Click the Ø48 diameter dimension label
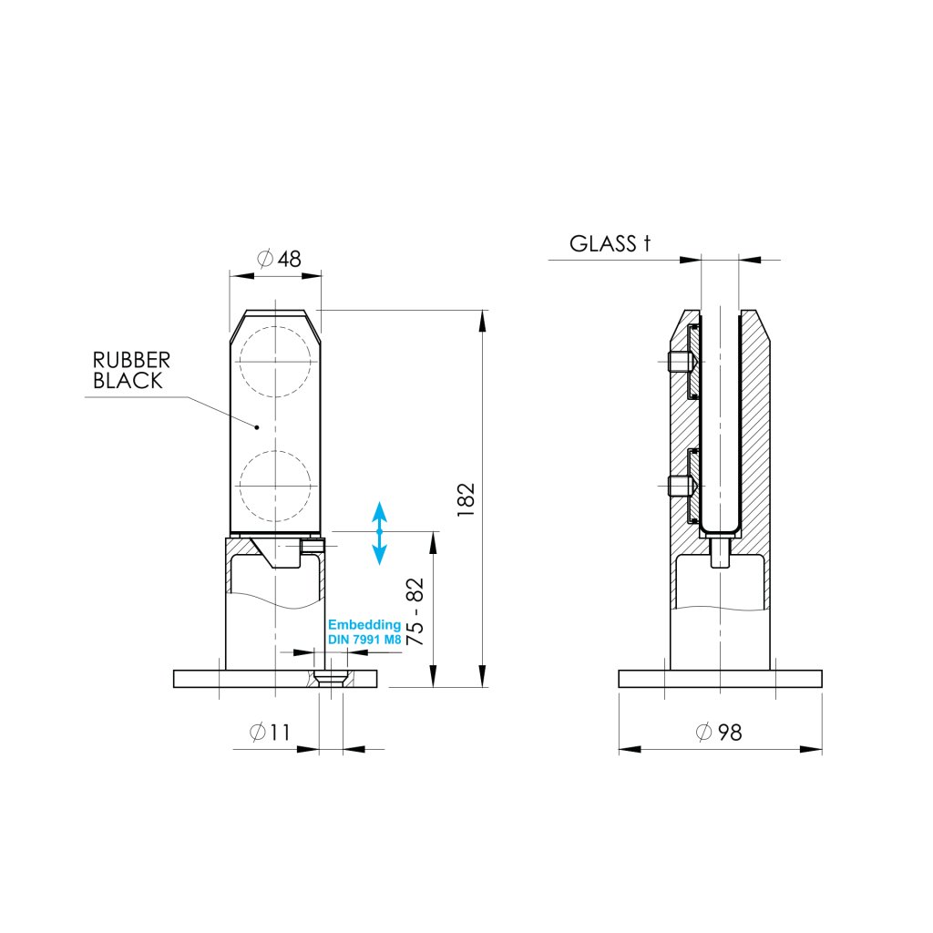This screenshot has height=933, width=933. (x=279, y=259)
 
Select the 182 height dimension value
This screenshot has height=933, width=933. (x=466, y=500)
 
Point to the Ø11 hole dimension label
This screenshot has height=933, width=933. (x=269, y=732)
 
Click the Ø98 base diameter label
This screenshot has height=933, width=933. (x=718, y=732)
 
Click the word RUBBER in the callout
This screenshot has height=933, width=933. (x=131, y=361)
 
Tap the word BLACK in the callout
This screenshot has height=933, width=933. (x=128, y=381)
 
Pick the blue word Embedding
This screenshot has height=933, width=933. (x=364, y=625)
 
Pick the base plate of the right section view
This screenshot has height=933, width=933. (x=720, y=679)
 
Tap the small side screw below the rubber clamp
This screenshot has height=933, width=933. (x=313, y=545)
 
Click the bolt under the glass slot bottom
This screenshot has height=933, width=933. (x=720, y=552)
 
